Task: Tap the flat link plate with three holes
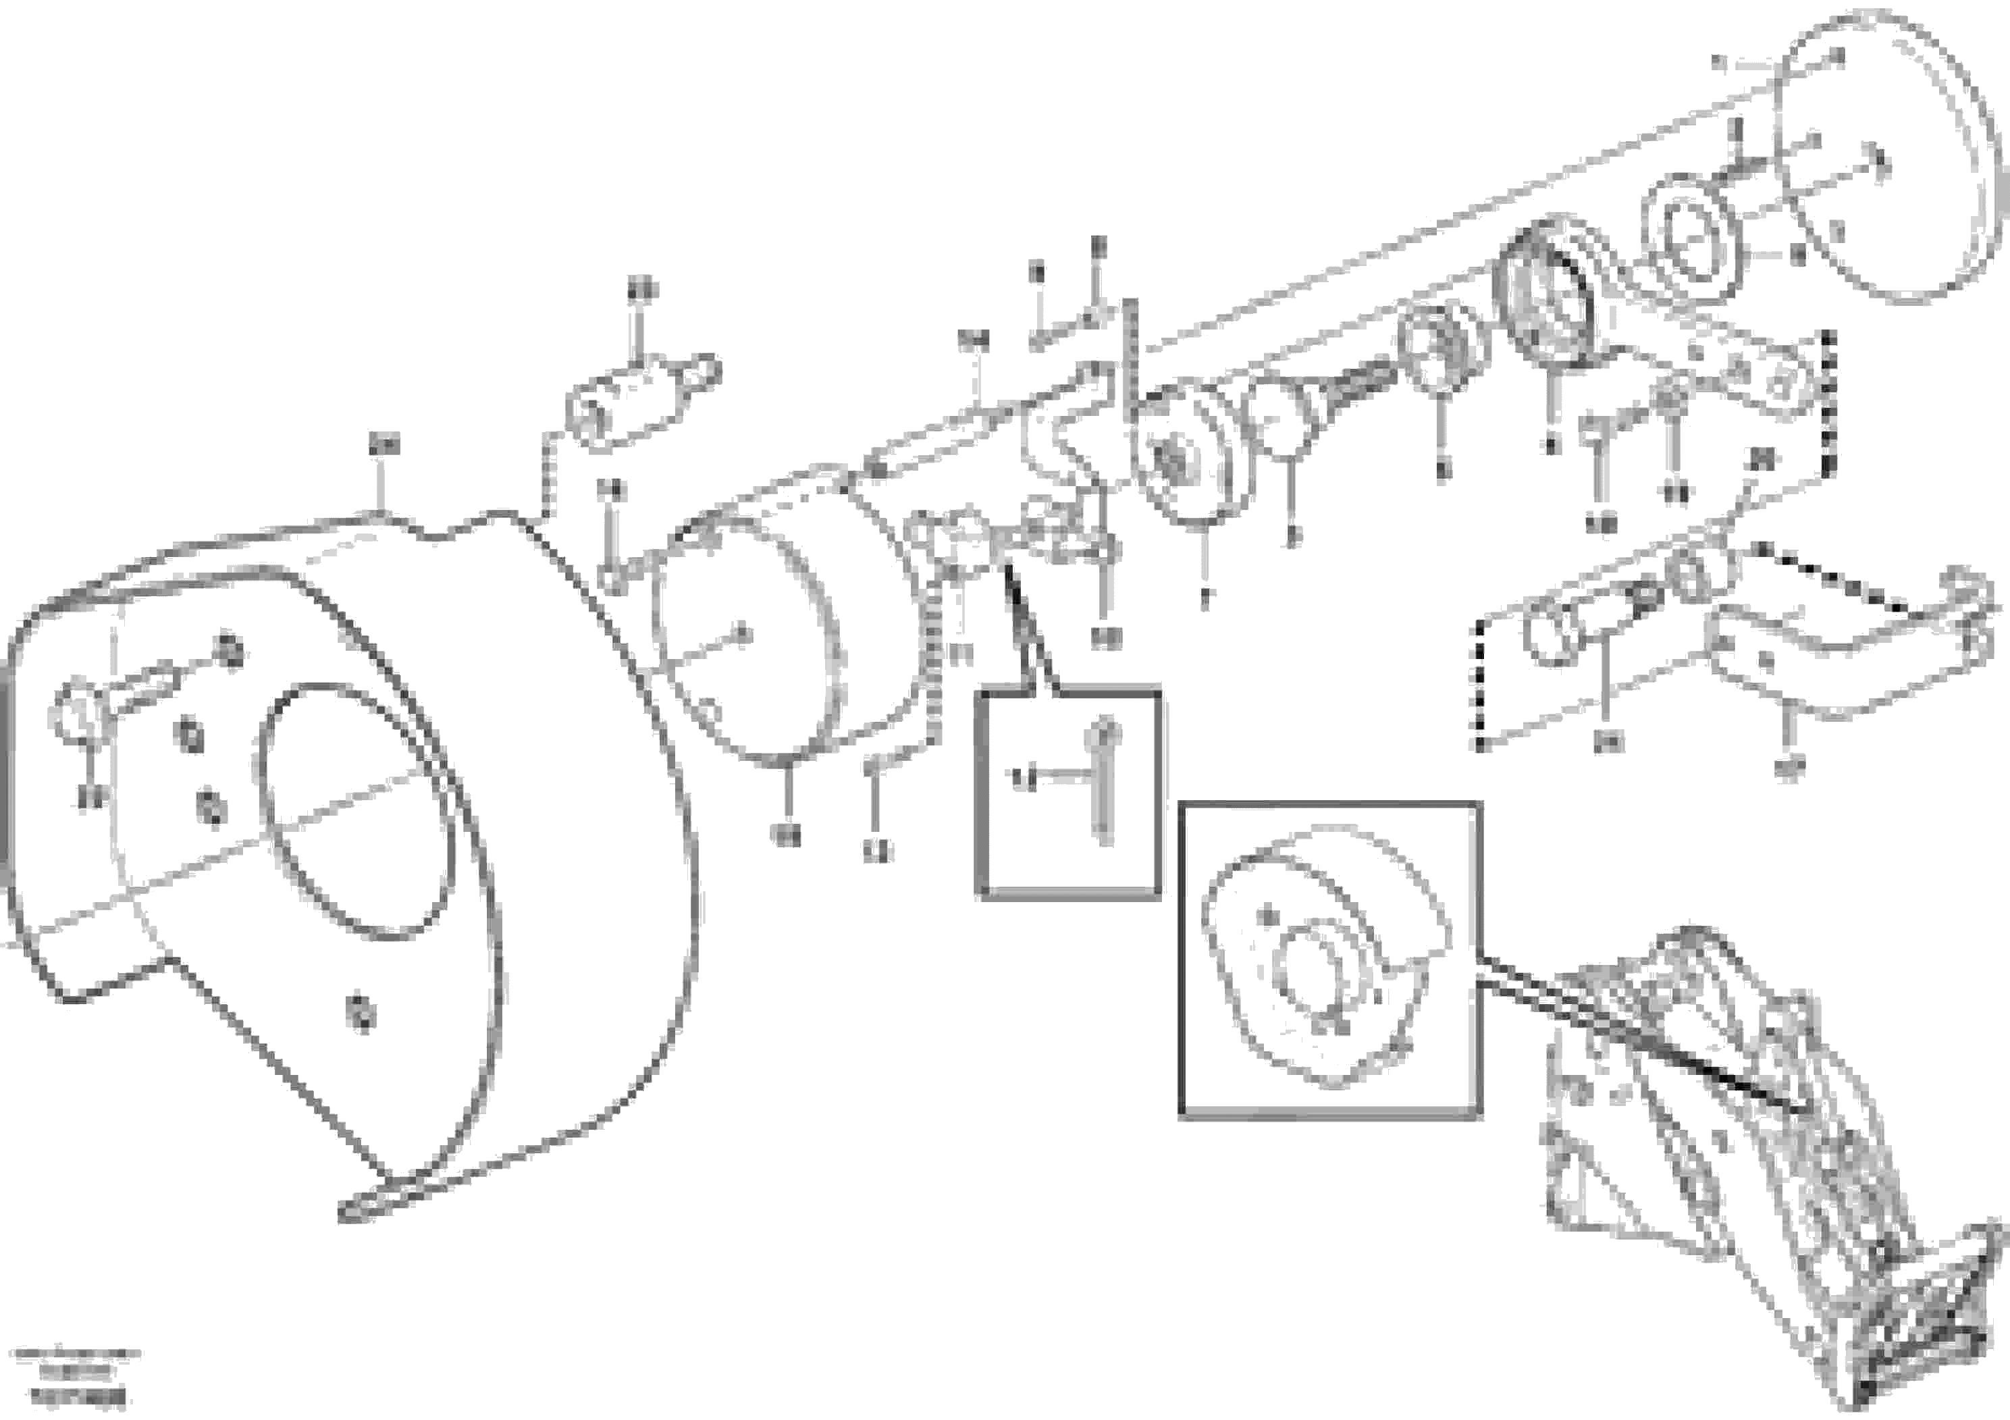[1742, 377]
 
